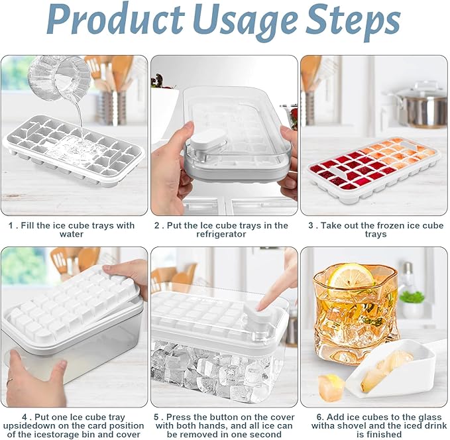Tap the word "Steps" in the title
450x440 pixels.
pos(353,22)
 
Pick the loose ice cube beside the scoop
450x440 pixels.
pos(331,387)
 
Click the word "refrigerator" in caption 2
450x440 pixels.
pos(221,234)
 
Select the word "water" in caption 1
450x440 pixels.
pos(72,234)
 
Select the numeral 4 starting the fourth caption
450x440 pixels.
pos(25,417)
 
